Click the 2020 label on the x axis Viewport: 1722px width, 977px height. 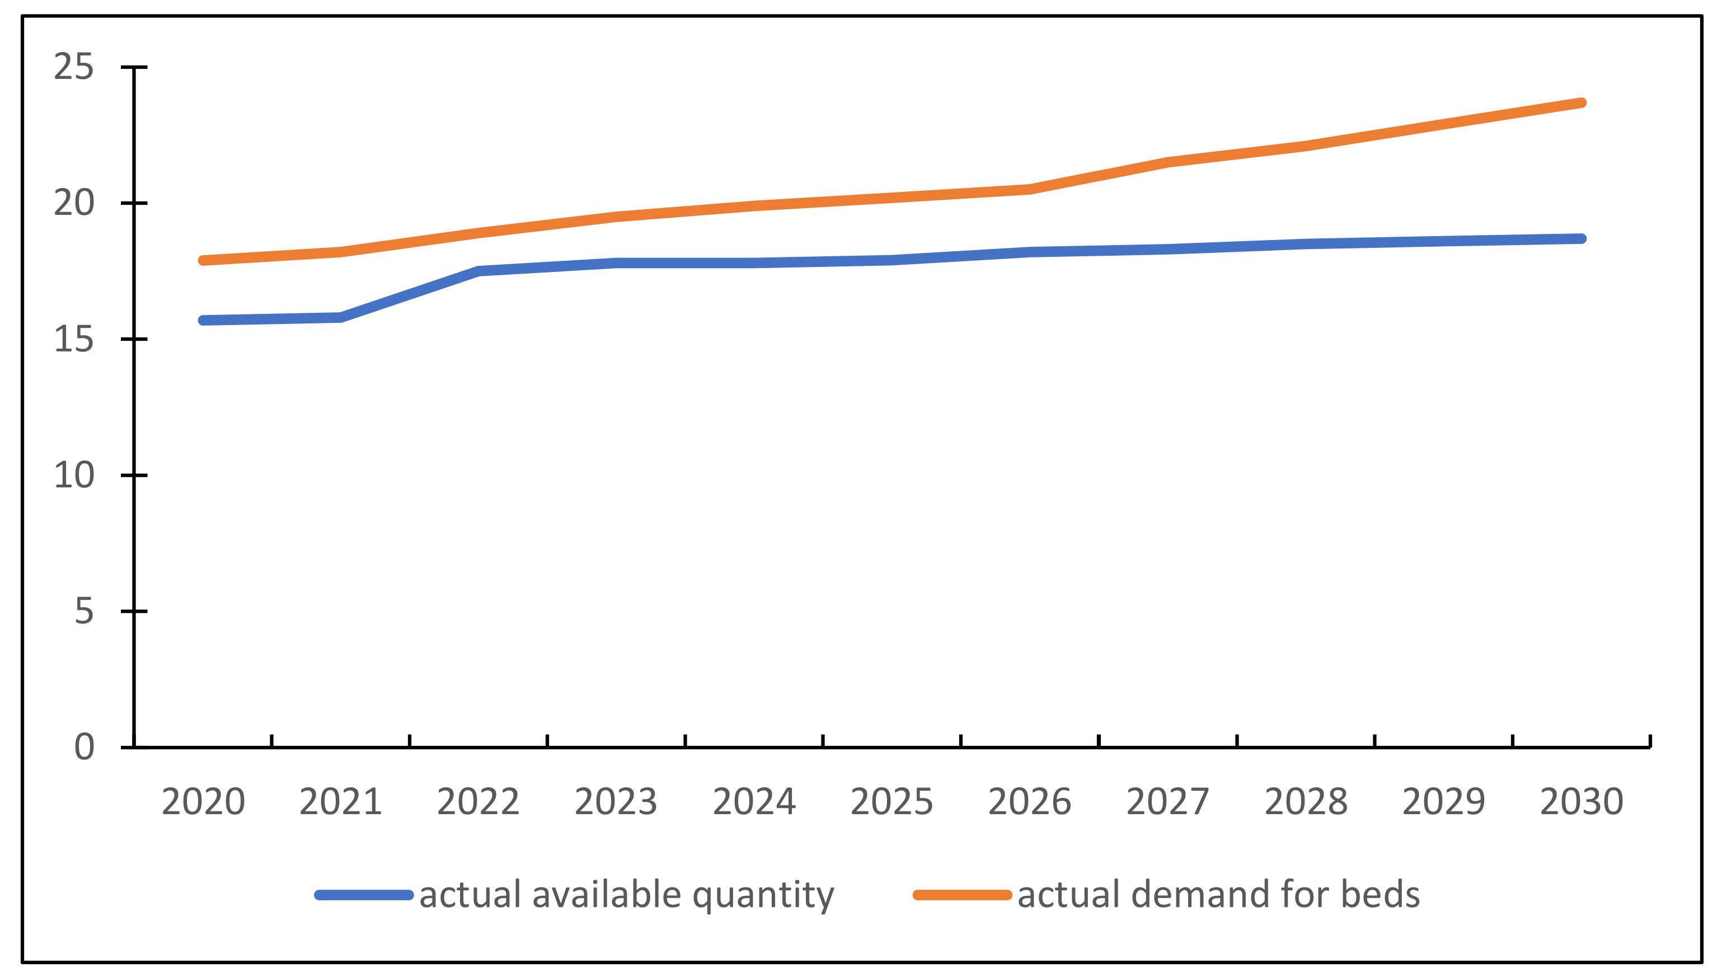(x=203, y=801)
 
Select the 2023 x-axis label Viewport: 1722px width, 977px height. (x=616, y=801)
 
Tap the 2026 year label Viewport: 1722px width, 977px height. (x=1029, y=801)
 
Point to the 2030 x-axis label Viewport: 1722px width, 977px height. (x=1582, y=801)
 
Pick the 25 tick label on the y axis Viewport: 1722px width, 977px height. (x=74, y=67)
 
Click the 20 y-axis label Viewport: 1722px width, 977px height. (x=74, y=203)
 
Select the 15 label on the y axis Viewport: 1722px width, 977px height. (x=74, y=340)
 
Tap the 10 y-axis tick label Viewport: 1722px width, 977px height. (x=74, y=475)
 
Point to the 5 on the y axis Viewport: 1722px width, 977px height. (x=84, y=611)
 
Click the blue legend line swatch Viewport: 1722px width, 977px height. (x=364, y=895)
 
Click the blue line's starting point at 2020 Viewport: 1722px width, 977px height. (x=203, y=320)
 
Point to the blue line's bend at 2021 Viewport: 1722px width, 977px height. (x=341, y=317)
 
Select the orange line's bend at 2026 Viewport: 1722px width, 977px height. (x=1029, y=189)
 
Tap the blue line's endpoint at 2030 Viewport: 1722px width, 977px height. (x=1582, y=239)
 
